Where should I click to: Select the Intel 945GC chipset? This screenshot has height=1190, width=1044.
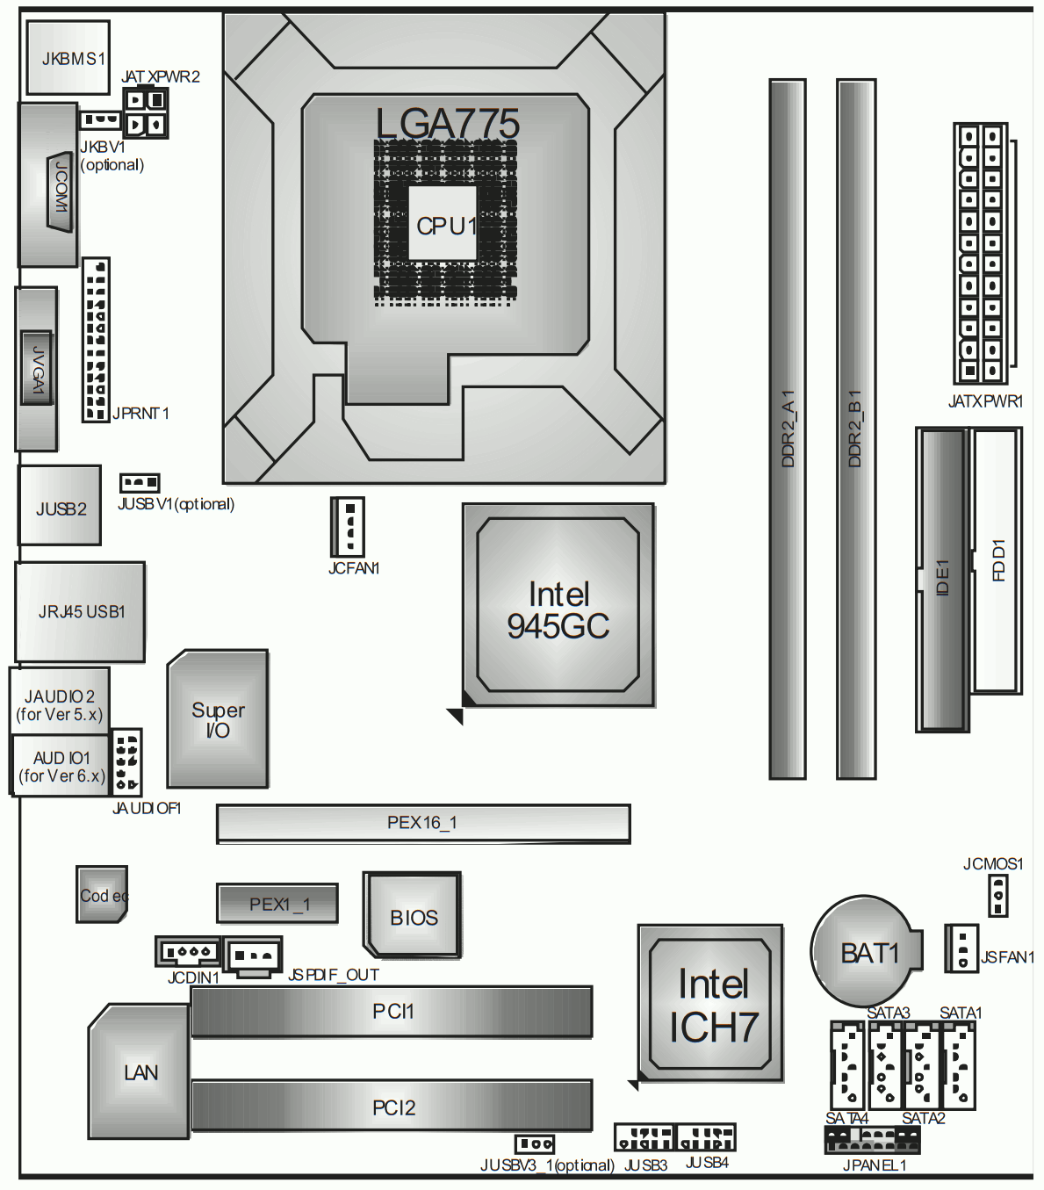558,605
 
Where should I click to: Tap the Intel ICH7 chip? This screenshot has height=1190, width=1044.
710,1003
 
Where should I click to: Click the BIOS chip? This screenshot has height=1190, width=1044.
412,915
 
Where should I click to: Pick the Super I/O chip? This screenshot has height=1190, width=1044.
218,718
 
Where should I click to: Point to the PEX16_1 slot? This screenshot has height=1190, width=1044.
423,824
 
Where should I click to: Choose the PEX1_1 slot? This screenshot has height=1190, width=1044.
277,904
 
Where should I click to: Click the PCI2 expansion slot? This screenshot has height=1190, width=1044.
392,1106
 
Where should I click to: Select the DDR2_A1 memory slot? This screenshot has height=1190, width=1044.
788,429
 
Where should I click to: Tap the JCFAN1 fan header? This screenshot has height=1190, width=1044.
347,527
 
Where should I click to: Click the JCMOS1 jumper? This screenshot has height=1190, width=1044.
997,896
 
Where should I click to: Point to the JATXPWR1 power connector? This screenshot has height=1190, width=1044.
980,253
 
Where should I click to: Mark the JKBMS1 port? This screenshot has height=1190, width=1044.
68,58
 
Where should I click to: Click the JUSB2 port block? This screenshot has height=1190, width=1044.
60,506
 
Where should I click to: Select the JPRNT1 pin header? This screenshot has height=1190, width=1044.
96,340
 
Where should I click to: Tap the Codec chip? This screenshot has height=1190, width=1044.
102,894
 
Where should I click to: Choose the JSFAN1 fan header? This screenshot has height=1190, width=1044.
961,948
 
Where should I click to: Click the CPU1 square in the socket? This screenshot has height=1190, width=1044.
443,223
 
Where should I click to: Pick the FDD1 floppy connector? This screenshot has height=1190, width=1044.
996,561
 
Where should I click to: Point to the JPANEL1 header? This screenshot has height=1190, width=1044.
872,1141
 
